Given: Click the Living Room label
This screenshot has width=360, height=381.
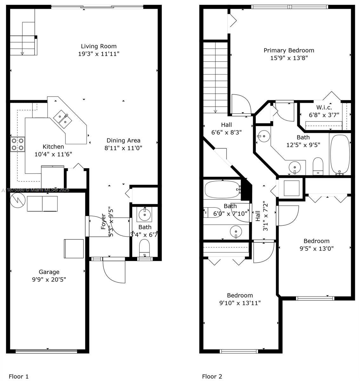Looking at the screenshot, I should click(98, 46).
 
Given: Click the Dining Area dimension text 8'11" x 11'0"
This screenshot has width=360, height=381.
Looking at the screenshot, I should click(123, 148).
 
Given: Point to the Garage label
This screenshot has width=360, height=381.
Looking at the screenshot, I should click(49, 272).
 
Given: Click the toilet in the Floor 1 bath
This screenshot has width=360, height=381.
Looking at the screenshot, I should click(144, 247).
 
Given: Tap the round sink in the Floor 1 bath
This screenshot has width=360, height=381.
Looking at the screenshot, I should click(145, 215).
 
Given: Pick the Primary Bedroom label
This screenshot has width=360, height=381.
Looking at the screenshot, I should click(289, 50).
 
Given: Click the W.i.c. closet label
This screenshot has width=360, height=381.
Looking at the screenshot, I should click(324, 107).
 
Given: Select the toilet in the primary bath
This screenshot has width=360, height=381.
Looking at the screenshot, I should click(317, 166).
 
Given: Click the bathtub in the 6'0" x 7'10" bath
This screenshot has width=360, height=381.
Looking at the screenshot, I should click(222, 190).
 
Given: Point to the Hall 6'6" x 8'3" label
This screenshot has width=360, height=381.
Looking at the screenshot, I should click(226, 125).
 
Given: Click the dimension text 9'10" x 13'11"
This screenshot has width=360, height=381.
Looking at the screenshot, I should click(240, 303).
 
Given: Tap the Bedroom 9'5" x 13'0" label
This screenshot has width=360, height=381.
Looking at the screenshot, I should click(316, 241).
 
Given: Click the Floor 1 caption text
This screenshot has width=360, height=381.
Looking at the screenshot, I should click(19, 377).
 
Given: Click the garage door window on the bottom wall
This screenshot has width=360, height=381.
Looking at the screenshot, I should click(46, 351).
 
